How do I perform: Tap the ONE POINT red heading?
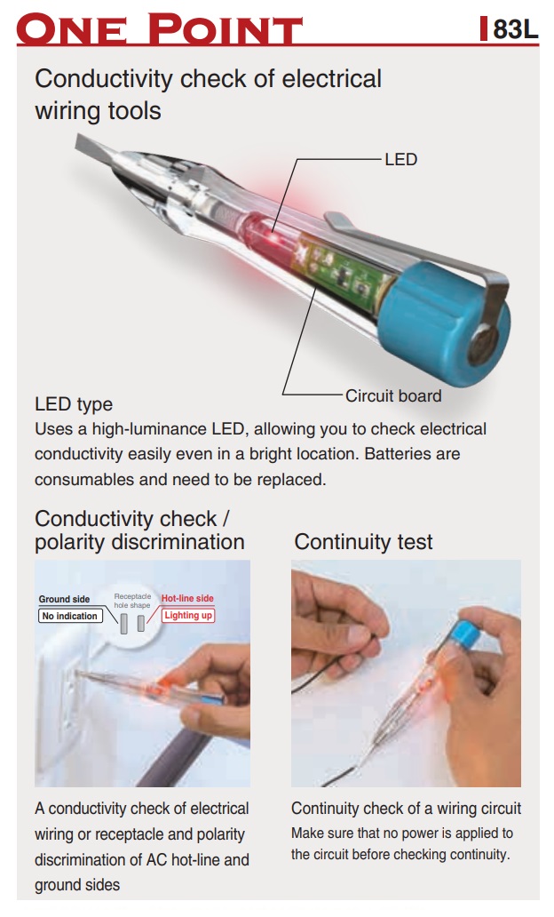pyautogui.click(x=160, y=28)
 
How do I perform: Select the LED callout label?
pyautogui.click(x=401, y=159)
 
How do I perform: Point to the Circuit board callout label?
pyautogui.click(x=393, y=396)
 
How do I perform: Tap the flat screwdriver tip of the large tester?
pyautogui.click(x=97, y=148)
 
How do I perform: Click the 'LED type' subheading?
pyautogui.click(x=74, y=404)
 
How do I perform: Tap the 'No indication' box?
pyautogui.click(x=70, y=616)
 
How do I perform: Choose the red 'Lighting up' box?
pyautogui.click(x=188, y=615)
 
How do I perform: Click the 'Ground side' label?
pyautogui.click(x=64, y=599)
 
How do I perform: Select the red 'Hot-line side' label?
pyautogui.click(x=187, y=598)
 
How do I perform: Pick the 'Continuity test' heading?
pyautogui.click(x=363, y=541)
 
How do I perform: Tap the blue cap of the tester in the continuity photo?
pyautogui.click(x=469, y=634)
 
